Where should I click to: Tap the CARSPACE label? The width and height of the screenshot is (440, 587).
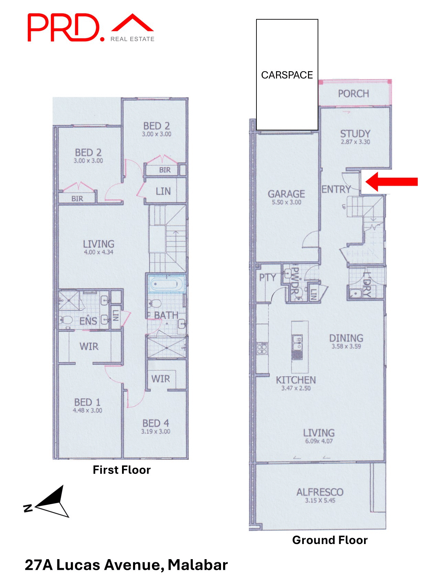click(287, 75)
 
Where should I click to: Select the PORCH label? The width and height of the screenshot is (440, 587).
click(353, 94)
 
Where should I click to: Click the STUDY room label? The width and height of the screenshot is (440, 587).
click(355, 134)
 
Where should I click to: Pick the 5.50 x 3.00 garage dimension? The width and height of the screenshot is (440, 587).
click(286, 203)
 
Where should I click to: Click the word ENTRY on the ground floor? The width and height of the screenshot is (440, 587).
click(336, 189)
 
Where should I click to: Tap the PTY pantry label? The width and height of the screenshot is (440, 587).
click(267, 278)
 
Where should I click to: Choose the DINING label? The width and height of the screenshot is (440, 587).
click(346, 338)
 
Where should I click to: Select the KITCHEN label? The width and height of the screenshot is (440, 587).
click(296, 380)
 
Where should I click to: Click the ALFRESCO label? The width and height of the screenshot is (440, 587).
click(320, 492)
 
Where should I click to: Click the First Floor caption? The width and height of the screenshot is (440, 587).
click(122, 470)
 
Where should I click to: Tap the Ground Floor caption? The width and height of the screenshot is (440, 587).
click(330, 540)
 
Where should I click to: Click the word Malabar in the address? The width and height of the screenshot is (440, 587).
click(198, 565)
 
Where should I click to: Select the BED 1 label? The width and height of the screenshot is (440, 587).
click(87, 402)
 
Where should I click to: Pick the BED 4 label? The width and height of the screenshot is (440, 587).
click(156, 423)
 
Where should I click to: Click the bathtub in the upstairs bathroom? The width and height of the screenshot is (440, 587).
click(166, 284)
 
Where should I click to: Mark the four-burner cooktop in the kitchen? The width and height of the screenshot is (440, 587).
click(262, 348)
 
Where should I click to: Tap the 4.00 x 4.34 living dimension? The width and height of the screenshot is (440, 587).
click(99, 252)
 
